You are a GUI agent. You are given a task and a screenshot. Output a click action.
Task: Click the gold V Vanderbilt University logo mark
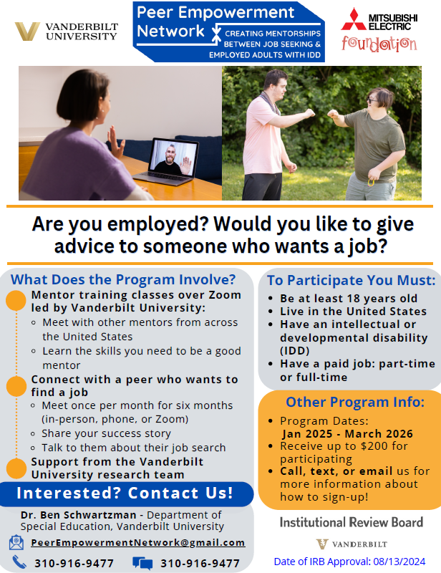click(27, 31)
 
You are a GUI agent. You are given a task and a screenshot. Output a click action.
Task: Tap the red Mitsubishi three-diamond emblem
click(354, 19)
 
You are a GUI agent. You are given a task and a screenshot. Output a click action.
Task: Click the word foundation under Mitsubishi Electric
click(379, 44)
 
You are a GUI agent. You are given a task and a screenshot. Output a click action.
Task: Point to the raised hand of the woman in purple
click(115, 140)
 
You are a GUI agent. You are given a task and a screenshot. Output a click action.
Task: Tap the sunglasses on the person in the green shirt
click(372, 100)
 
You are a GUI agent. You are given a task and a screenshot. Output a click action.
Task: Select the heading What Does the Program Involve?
click(123, 279)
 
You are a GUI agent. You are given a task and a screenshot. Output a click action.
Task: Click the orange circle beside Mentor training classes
click(16, 300)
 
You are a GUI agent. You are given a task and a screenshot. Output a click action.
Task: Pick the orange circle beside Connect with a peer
click(16, 386)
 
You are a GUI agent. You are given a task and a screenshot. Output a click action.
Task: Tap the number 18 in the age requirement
click(352, 299)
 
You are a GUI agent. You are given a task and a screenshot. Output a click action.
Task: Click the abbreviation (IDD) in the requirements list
click(295, 351)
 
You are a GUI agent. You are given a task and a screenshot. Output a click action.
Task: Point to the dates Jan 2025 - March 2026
click(347, 434)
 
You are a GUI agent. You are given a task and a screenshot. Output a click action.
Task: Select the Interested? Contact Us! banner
click(126, 493)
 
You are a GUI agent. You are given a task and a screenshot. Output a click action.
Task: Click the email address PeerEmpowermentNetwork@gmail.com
click(138, 543)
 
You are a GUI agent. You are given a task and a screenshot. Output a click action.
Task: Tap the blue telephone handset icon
click(19, 562)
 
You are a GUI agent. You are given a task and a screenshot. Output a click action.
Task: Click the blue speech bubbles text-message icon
click(142, 563)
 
